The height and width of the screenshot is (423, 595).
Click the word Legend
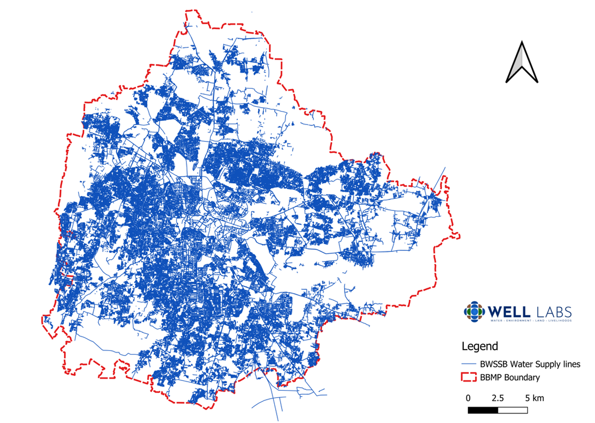(x=479, y=346)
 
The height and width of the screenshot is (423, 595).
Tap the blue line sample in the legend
(x=469, y=364)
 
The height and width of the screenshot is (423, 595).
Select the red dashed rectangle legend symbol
(x=469, y=378)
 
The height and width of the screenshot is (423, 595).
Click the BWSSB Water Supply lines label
(x=530, y=364)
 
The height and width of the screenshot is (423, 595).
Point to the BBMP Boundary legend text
(x=510, y=378)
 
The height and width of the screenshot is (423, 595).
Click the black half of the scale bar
(x=483, y=410)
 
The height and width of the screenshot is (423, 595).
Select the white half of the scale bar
(x=513, y=410)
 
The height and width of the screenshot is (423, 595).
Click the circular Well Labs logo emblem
(x=475, y=312)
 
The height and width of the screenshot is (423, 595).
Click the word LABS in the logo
(x=554, y=312)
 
